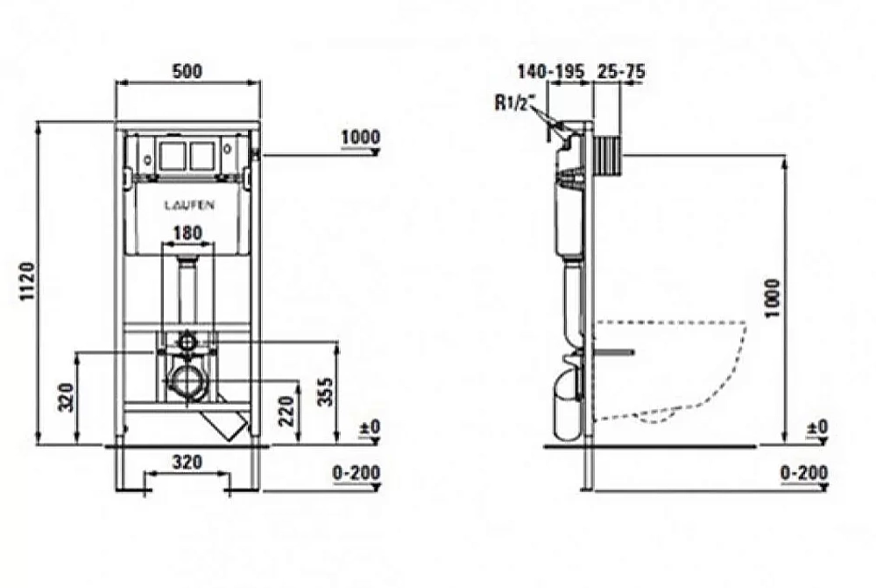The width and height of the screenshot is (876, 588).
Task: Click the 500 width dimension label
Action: pyautogui.click(x=187, y=72)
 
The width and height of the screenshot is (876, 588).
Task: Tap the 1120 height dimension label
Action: pyautogui.click(x=27, y=281)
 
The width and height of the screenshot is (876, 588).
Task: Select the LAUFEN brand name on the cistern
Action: pyautogui.click(x=189, y=205)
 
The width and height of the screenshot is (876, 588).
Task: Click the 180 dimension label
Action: pyautogui.click(x=187, y=232)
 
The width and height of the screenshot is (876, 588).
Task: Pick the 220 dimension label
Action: pyautogui.click(x=286, y=411)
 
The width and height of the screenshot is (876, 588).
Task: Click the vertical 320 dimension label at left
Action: pyautogui.click(x=67, y=397)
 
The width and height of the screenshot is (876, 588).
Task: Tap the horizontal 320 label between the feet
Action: pyautogui.click(x=187, y=463)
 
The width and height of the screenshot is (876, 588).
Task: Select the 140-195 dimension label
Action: pyautogui.click(x=551, y=72)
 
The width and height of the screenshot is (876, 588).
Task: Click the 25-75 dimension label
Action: pyautogui.click(x=621, y=72)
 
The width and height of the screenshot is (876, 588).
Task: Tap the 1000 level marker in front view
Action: pyautogui.click(x=360, y=137)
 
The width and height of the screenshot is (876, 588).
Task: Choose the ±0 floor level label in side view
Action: pyautogui.click(x=817, y=428)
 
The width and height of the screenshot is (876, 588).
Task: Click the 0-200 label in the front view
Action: pyautogui.click(x=357, y=473)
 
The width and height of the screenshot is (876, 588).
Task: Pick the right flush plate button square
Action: pyautogui.click(x=201, y=156)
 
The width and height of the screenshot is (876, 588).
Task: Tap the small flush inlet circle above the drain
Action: pyautogui.click(x=188, y=341)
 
